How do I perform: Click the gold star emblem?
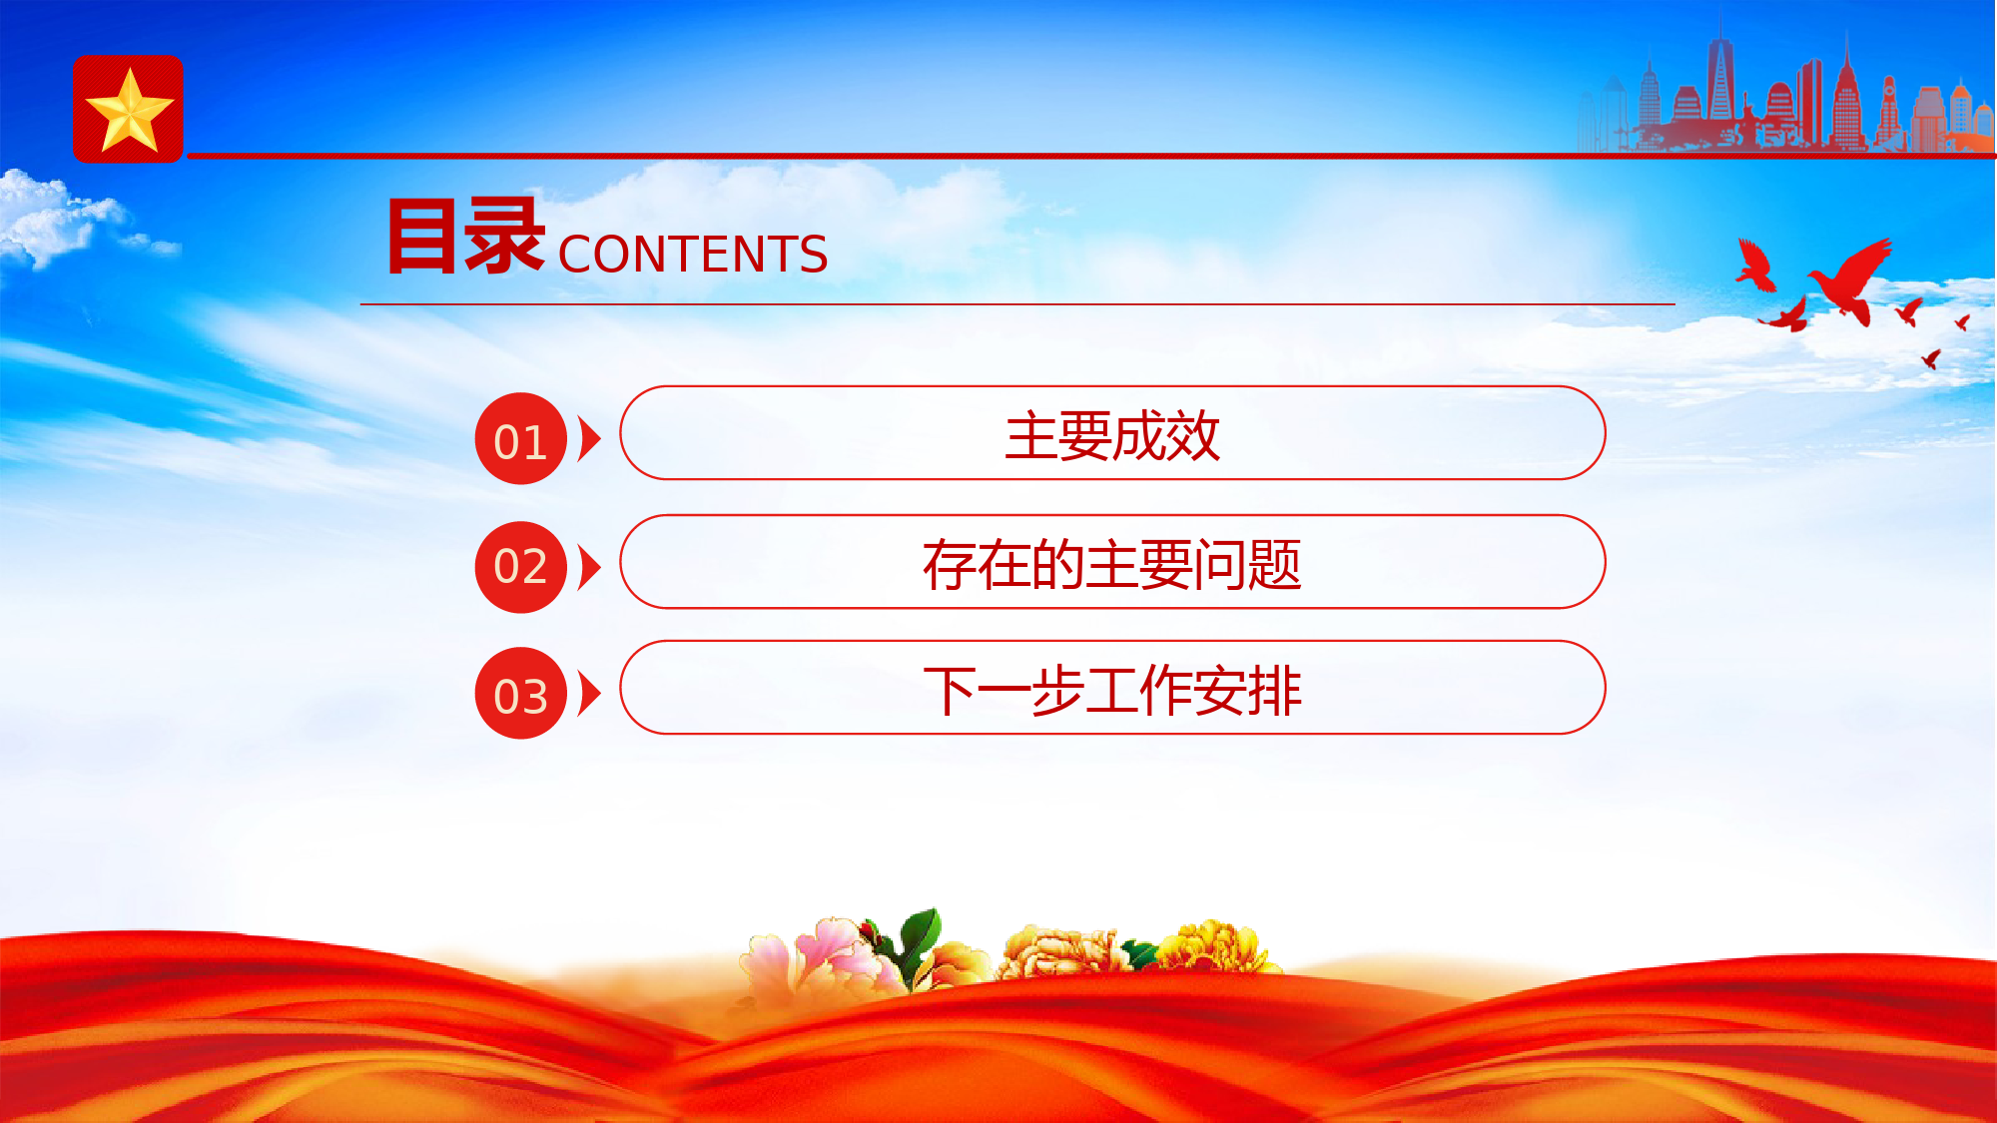[x=129, y=111]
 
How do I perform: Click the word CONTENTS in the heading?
[x=693, y=254]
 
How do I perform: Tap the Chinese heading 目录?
[x=465, y=236]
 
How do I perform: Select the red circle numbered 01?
[x=521, y=439]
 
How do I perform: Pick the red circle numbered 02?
[x=521, y=567]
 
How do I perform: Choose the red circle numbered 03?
[x=521, y=694]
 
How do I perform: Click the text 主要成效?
[x=1112, y=435]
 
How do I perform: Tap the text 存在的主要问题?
[x=1112, y=564]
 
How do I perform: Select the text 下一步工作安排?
[x=1112, y=691]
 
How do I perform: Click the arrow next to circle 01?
[x=589, y=439]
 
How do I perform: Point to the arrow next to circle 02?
[x=589, y=567]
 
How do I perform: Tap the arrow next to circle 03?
[x=589, y=694]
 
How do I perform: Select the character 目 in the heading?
[x=422, y=237]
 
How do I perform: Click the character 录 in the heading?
[x=504, y=236]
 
